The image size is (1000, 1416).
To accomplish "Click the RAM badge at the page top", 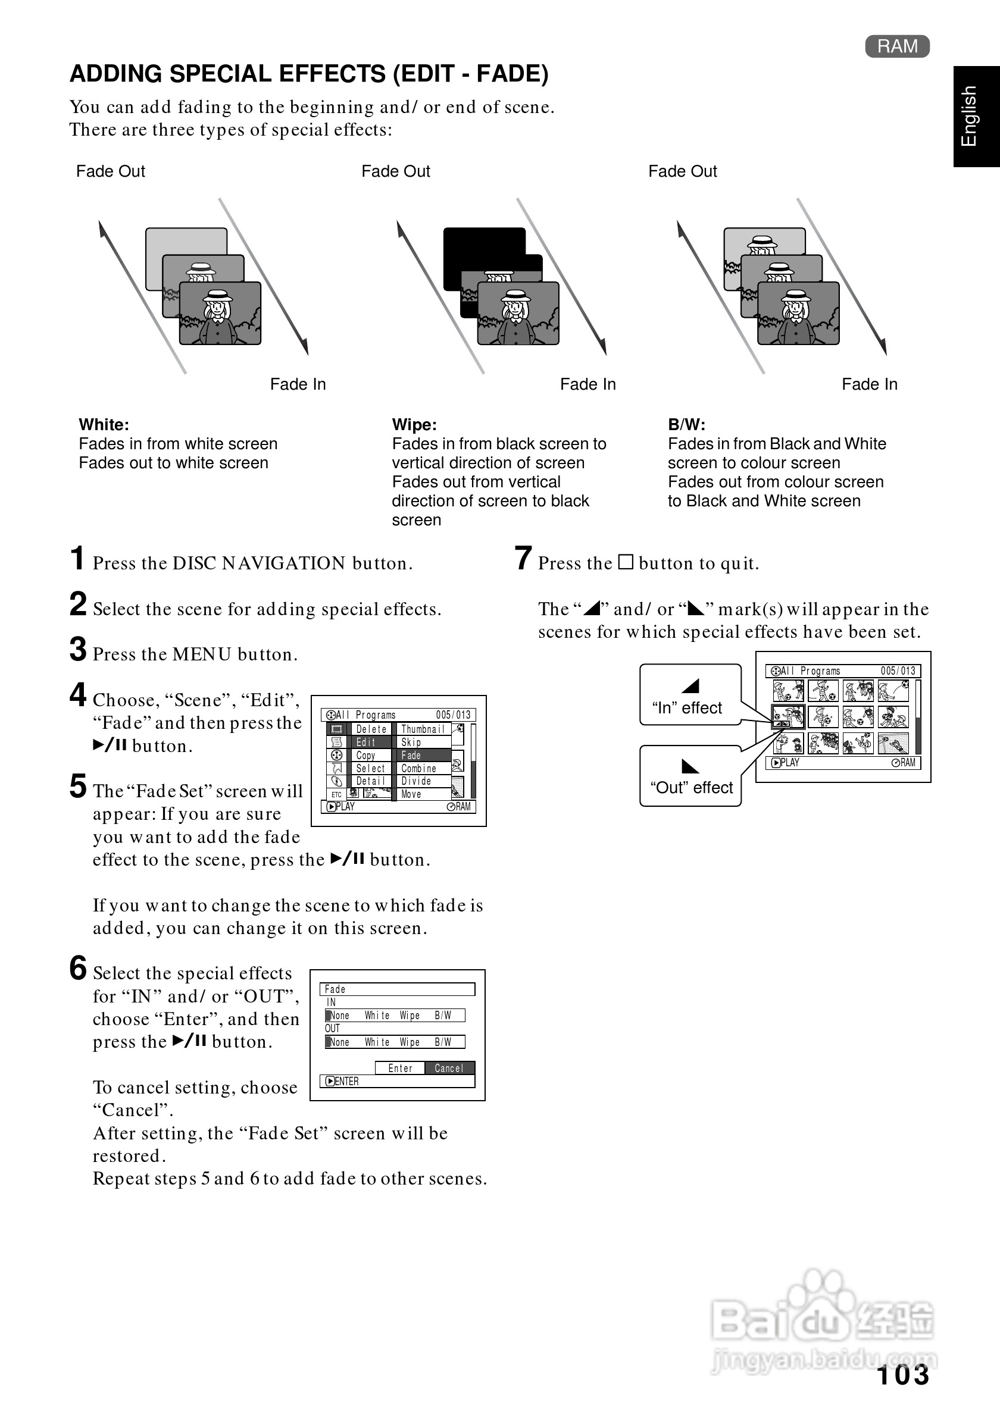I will tap(897, 46).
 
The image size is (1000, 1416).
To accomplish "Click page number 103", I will tap(902, 1375).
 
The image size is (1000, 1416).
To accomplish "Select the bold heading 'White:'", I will tap(104, 424).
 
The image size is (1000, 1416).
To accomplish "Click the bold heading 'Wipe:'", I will tap(414, 424).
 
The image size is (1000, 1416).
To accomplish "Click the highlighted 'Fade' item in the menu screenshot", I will tap(423, 755).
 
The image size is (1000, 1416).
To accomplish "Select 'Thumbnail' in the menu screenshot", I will tap(423, 729).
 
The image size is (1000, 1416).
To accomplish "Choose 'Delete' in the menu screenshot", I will tap(371, 729).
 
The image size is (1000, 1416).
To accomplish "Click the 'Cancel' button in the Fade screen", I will tap(448, 1068).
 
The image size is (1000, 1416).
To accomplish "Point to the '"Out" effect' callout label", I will tap(691, 788).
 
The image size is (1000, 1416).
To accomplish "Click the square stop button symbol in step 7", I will tap(626, 562).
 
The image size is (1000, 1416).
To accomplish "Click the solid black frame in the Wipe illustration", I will tap(485, 247).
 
